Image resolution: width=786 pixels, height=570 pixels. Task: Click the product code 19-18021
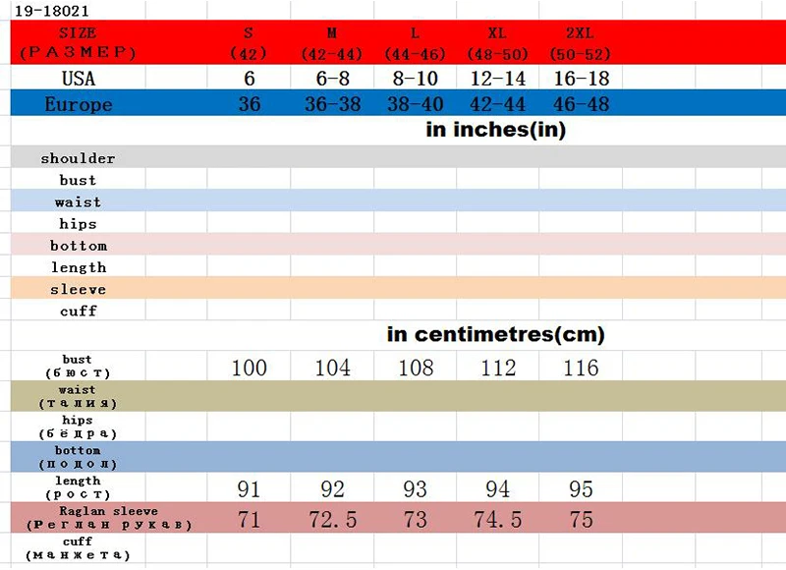(52, 11)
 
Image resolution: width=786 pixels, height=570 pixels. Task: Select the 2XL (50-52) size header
(580, 43)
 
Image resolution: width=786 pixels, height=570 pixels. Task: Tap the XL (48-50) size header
(497, 43)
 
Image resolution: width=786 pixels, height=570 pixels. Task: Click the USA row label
(79, 79)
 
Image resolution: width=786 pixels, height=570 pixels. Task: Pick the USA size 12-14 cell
(498, 79)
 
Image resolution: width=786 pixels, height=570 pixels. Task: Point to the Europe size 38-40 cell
(415, 104)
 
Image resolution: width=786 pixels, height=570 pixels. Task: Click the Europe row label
(79, 104)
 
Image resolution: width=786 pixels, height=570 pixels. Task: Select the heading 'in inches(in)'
(496, 130)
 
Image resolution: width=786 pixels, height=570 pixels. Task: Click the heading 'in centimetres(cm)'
(496, 334)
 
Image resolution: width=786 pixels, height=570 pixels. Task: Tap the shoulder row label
(78, 158)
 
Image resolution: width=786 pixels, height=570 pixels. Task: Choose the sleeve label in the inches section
(78, 289)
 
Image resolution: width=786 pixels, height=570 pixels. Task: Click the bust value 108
(416, 368)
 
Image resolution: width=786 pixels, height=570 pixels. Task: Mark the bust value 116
(581, 368)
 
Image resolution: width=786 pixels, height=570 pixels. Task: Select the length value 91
(249, 488)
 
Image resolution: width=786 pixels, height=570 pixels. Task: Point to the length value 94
(497, 488)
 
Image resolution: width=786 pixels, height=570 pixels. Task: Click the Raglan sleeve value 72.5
(332, 519)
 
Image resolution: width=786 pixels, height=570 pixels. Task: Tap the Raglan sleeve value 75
(581, 519)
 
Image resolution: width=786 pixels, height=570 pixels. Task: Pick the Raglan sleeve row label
(109, 518)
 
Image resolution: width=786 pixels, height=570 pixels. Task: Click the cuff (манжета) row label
(78, 548)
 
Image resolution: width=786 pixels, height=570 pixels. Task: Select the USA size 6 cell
(250, 79)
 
